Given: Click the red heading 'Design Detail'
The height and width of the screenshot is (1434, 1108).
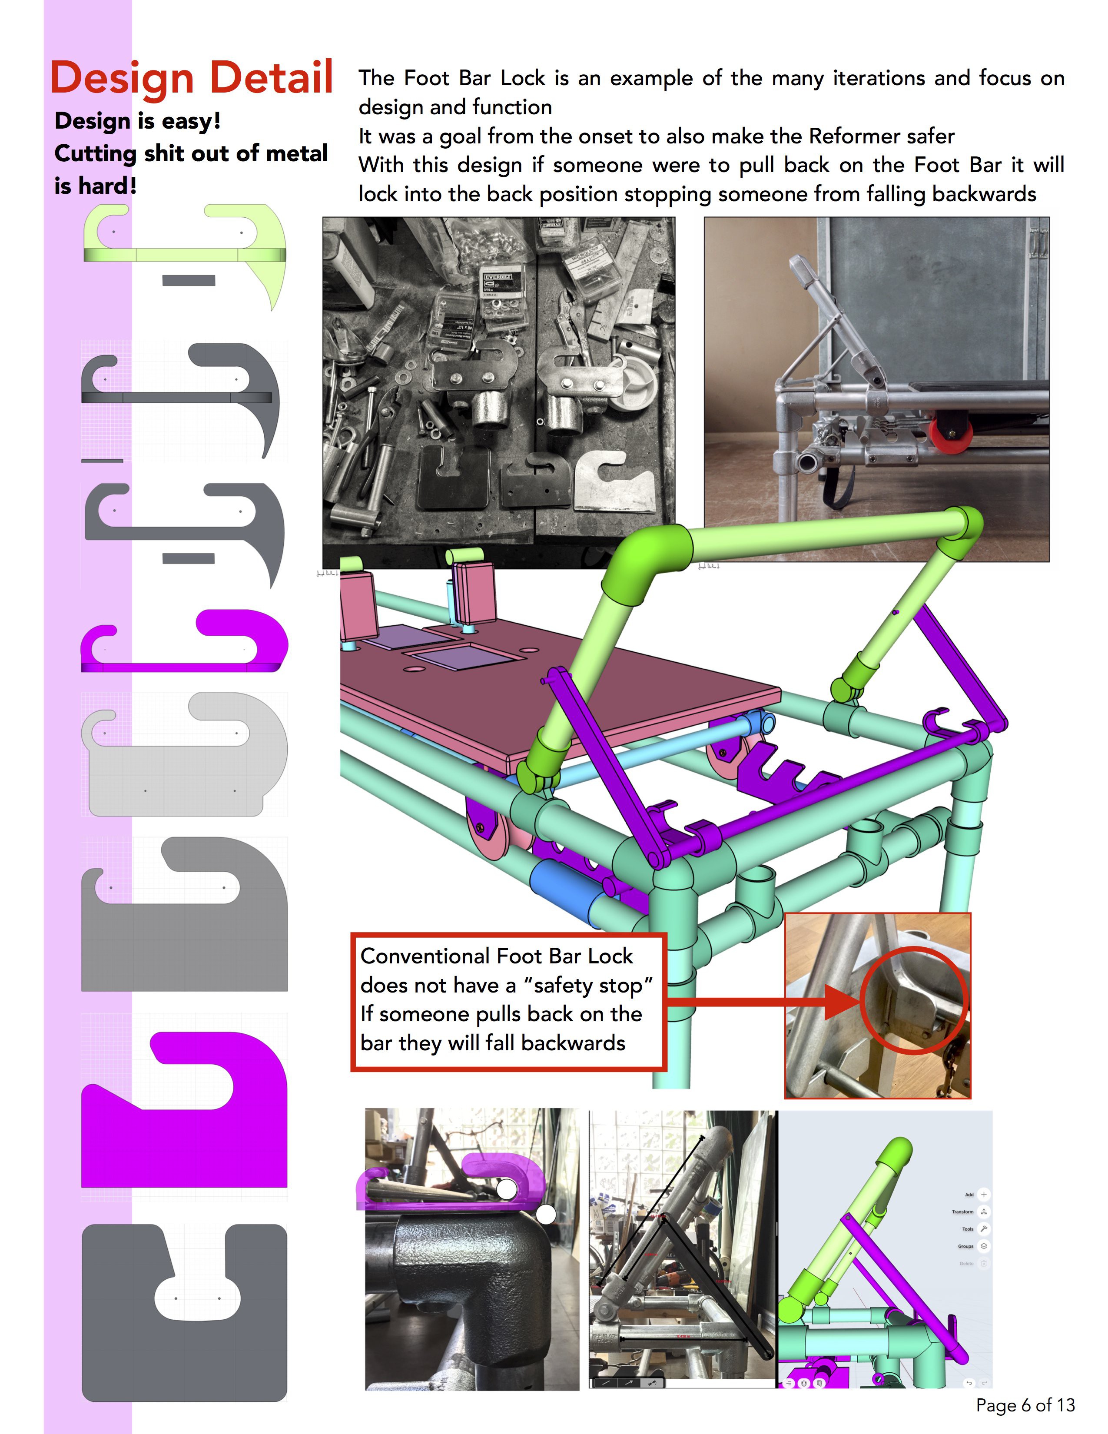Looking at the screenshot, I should [192, 77].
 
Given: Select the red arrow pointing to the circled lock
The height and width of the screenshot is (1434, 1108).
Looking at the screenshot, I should [761, 1002].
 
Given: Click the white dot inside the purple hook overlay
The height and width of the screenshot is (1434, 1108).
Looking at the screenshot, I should [507, 1188].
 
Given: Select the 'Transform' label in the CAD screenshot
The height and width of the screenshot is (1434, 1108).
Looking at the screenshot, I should [962, 1212].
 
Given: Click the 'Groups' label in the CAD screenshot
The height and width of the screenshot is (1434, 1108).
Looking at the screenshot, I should [965, 1246].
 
